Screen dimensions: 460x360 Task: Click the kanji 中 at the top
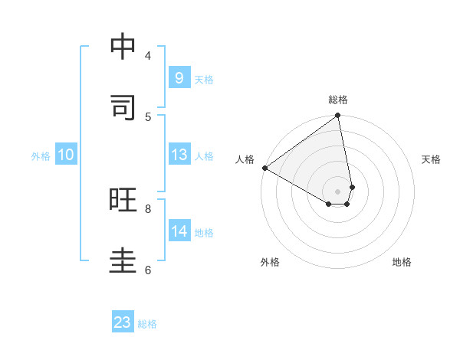[123, 47]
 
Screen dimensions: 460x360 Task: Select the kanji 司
[123, 107]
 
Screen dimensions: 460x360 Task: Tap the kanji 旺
[123, 200]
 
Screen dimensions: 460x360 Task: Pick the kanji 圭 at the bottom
[123, 260]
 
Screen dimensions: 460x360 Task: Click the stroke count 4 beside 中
[148, 55]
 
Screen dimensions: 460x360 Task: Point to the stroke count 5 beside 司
[148, 116]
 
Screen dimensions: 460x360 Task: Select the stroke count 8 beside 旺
[148, 208]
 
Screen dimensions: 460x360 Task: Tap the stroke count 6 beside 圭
[148, 270]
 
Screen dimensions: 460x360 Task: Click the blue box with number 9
[179, 78]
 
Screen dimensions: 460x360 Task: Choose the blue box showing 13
[179, 155]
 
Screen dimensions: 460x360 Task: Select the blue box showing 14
[179, 231]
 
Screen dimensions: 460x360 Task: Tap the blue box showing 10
[66, 155]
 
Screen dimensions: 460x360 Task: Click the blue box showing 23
[123, 322]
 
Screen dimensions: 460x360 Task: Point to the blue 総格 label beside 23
[147, 324]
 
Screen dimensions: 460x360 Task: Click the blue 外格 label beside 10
[41, 156]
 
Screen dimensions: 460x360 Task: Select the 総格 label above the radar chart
[338, 100]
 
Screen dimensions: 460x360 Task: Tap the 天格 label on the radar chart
[431, 159]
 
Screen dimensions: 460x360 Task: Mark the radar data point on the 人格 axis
[264, 168]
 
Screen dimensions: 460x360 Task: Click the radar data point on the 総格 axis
[337, 116]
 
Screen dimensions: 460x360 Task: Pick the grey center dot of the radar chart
[337, 191]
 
